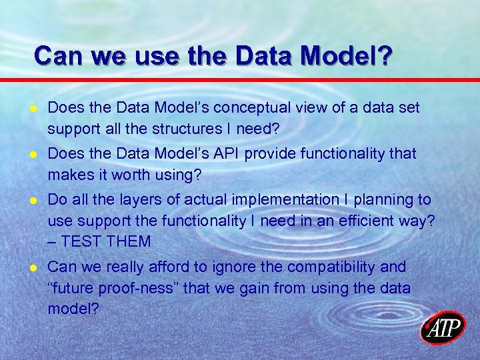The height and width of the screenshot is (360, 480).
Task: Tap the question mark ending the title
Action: [x=385, y=55]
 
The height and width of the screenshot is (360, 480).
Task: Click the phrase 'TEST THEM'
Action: [x=104, y=240]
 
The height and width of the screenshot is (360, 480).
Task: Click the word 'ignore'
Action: [x=226, y=267]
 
